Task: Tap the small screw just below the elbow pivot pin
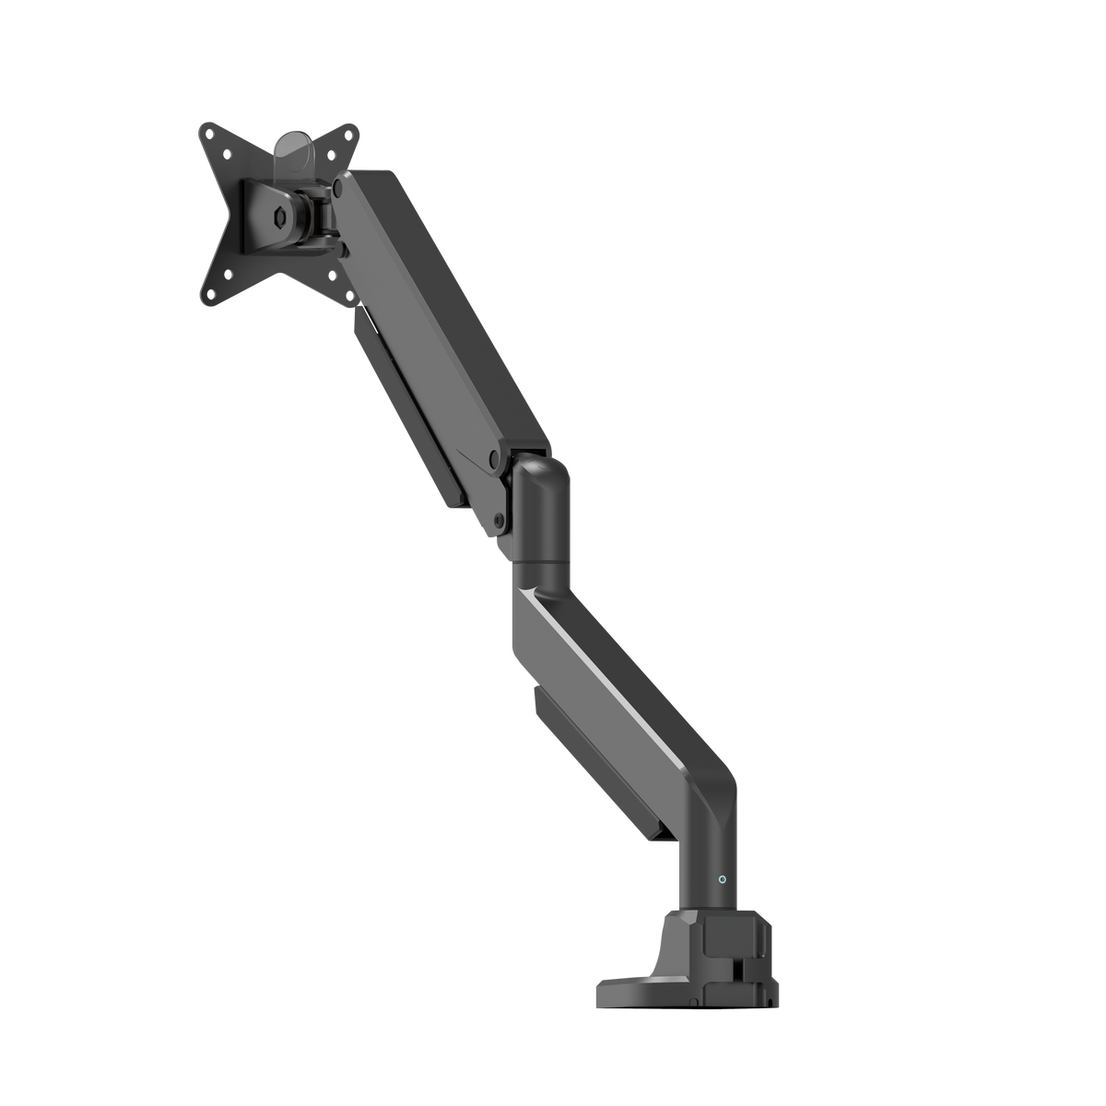pyautogui.click(x=499, y=520)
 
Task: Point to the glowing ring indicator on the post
pyautogui.click(x=723, y=879)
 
